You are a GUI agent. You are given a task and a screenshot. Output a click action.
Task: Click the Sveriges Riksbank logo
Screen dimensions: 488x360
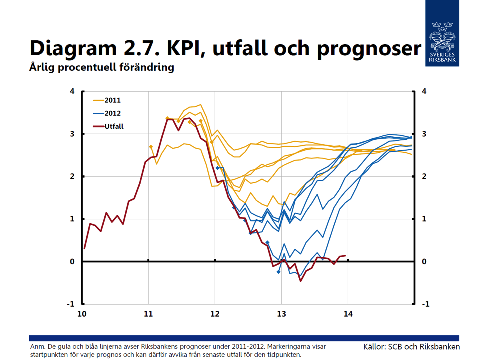(x=442, y=33)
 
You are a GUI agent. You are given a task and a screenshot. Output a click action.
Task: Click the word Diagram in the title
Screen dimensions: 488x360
(x=73, y=48)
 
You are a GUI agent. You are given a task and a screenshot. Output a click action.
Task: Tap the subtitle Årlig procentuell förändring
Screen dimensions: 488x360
(x=102, y=67)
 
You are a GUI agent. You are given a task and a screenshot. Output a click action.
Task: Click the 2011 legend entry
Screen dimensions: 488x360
(x=107, y=100)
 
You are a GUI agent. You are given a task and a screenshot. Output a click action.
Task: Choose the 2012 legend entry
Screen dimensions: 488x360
(x=107, y=113)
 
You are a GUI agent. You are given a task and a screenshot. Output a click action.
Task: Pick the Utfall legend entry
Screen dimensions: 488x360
(x=108, y=126)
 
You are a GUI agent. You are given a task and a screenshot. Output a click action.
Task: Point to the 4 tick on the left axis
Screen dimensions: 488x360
(x=72, y=91)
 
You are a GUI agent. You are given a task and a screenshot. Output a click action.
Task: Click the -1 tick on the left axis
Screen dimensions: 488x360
(x=71, y=304)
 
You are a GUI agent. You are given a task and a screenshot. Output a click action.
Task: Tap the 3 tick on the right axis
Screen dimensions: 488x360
(x=424, y=134)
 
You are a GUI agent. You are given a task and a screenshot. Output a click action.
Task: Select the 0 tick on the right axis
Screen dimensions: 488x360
(x=424, y=261)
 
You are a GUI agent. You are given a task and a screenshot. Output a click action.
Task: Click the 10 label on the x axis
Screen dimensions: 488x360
(x=82, y=314)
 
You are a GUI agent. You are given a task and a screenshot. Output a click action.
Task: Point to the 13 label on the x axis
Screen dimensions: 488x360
(x=281, y=314)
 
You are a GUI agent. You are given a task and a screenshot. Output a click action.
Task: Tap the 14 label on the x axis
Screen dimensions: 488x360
(x=348, y=314)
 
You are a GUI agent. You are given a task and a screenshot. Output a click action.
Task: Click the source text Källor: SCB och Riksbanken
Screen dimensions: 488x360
(x=411, y=347)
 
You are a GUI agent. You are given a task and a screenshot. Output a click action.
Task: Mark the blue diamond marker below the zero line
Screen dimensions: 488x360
(x=279, y=272)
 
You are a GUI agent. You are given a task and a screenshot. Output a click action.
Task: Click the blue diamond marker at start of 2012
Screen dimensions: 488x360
(x=218, y=168)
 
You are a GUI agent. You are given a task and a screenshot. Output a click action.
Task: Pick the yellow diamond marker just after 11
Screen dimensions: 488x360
(x=151, y=147)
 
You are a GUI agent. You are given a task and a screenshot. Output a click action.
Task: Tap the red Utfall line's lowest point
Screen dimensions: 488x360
(x=301, y=281)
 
